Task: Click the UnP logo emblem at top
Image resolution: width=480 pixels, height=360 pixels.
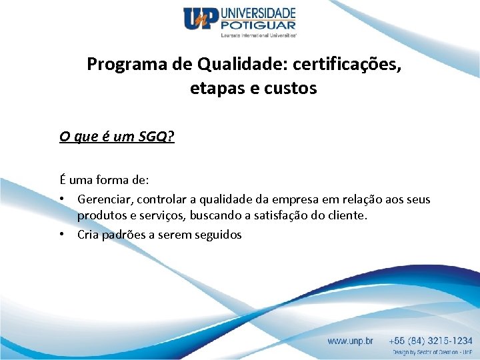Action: tap(201, 19)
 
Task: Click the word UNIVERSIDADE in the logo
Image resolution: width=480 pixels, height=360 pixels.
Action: tap(257, 13)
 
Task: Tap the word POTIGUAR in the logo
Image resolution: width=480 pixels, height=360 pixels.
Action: tap(257, 25)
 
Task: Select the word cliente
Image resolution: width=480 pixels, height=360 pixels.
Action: tap(347, 216)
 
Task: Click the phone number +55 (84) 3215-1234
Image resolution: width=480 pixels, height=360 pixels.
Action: tap(431, 341)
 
